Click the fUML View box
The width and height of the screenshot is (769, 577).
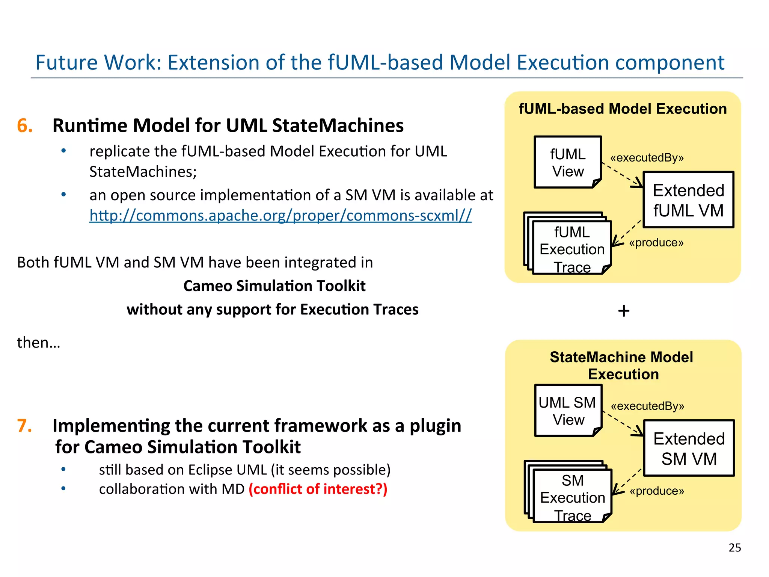pos(567,162)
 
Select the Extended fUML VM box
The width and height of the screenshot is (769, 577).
pos(688,200)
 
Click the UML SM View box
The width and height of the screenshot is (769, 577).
pos(568,411)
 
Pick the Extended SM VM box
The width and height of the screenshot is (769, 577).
pos(689,448)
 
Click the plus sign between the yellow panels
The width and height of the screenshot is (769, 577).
pos(624,311)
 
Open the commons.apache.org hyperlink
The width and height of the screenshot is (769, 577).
pos(280,216)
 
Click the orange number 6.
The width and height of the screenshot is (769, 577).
pos(25,125)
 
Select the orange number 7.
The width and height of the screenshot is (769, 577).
pos(25,426)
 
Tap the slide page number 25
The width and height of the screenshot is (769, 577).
pos(734,548)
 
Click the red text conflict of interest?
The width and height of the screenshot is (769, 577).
pos(318,489)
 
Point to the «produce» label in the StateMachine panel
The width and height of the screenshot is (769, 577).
pos(657,491)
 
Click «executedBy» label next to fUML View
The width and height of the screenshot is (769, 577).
pos(647,158)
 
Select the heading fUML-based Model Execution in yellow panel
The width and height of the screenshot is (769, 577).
pos(623,109)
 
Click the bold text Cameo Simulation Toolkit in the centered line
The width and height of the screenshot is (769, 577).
pos(274,286)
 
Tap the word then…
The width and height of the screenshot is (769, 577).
pos(38,343)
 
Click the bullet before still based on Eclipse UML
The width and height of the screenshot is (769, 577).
pos(63,469)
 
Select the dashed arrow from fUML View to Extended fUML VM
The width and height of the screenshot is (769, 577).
pos(621,175)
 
